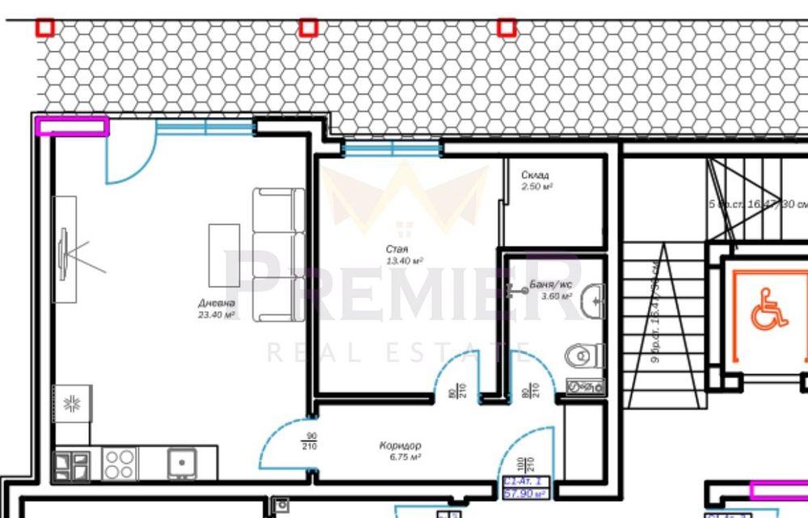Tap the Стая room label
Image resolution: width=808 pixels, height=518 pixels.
pyautogui.click(x=396, y=250)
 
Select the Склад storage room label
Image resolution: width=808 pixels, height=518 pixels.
pyautogui.click(x=535, y=175)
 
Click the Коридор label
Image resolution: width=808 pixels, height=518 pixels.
pyautogui.click(x=400, y=445)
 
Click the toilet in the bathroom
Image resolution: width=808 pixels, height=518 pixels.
pyautogui.click(x=585, y=356)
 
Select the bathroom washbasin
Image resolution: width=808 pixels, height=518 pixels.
pyautogui.click(x=595, y=301)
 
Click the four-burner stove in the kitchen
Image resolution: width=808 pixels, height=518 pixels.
pyautogui.click(x=119, y=465)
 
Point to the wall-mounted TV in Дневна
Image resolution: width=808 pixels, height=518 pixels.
pyautogui.click(x=64, y=255)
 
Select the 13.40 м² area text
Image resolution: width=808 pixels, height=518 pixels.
pyautogui.click(x=406, y=260)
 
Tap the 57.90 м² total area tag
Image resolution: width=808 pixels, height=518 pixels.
pyautogui.click(x=524, y=492)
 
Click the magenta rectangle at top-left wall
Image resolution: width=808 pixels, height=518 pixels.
pyautogui.click(x=72, y=126)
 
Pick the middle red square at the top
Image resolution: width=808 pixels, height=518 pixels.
pyautogui.click(x=308, y=28)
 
